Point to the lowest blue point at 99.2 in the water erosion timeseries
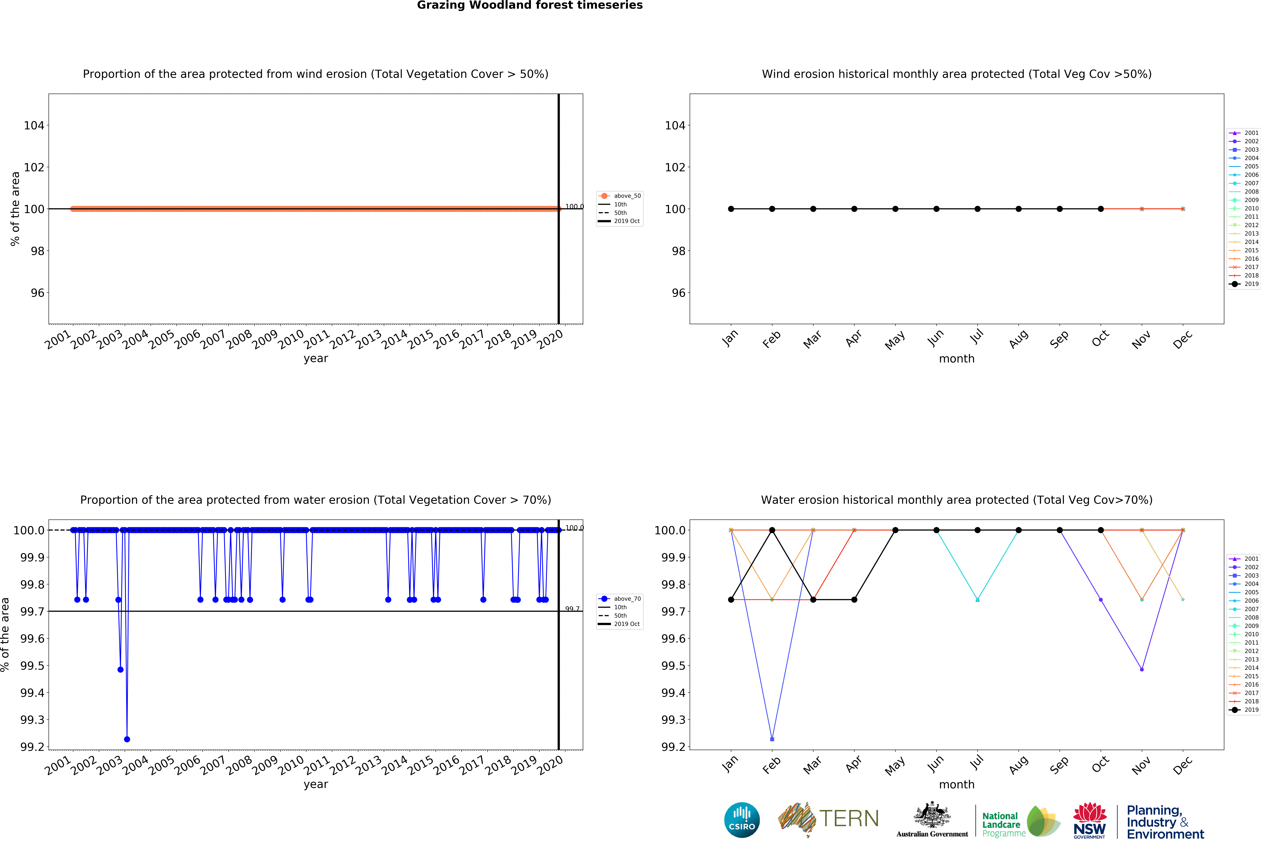pyautogui.click(x=127, y=739)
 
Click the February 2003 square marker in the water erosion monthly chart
pyautogui.click(x=772, y=739)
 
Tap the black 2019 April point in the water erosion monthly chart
pyautogui.click(x=854, y=599)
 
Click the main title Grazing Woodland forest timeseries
pyautogui.click(x=530, y=5)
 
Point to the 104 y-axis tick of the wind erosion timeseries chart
pyautogui.click(x=34, y=125)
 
